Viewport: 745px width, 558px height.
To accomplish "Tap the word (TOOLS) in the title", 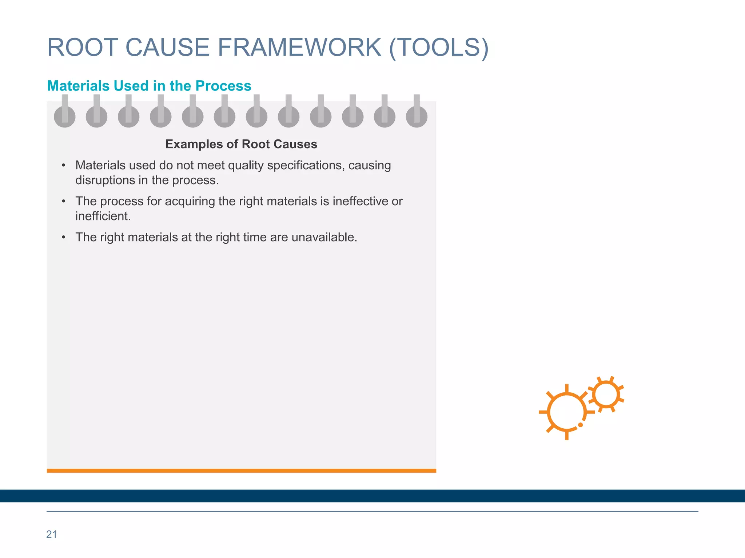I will point(438,48).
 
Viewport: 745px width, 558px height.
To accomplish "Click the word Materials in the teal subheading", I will point(78,86).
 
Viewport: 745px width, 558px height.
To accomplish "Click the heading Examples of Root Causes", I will point(241,144).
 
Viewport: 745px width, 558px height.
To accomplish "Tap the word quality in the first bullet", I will point(246,166).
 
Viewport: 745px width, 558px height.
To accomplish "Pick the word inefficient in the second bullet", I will point(102,216).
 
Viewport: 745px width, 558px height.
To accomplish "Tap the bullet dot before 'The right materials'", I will point(64,238).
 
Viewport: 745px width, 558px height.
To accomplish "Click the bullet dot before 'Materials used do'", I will point(64,166).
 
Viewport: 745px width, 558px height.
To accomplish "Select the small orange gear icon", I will point(606,395).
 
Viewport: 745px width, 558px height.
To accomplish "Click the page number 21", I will point(52,534).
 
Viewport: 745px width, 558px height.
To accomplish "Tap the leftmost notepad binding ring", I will point(65,116).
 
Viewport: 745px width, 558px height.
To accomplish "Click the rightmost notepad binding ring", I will point(417,116).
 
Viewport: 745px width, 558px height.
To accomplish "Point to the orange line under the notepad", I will point(241,471).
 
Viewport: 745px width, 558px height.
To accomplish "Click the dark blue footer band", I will point(372,496).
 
